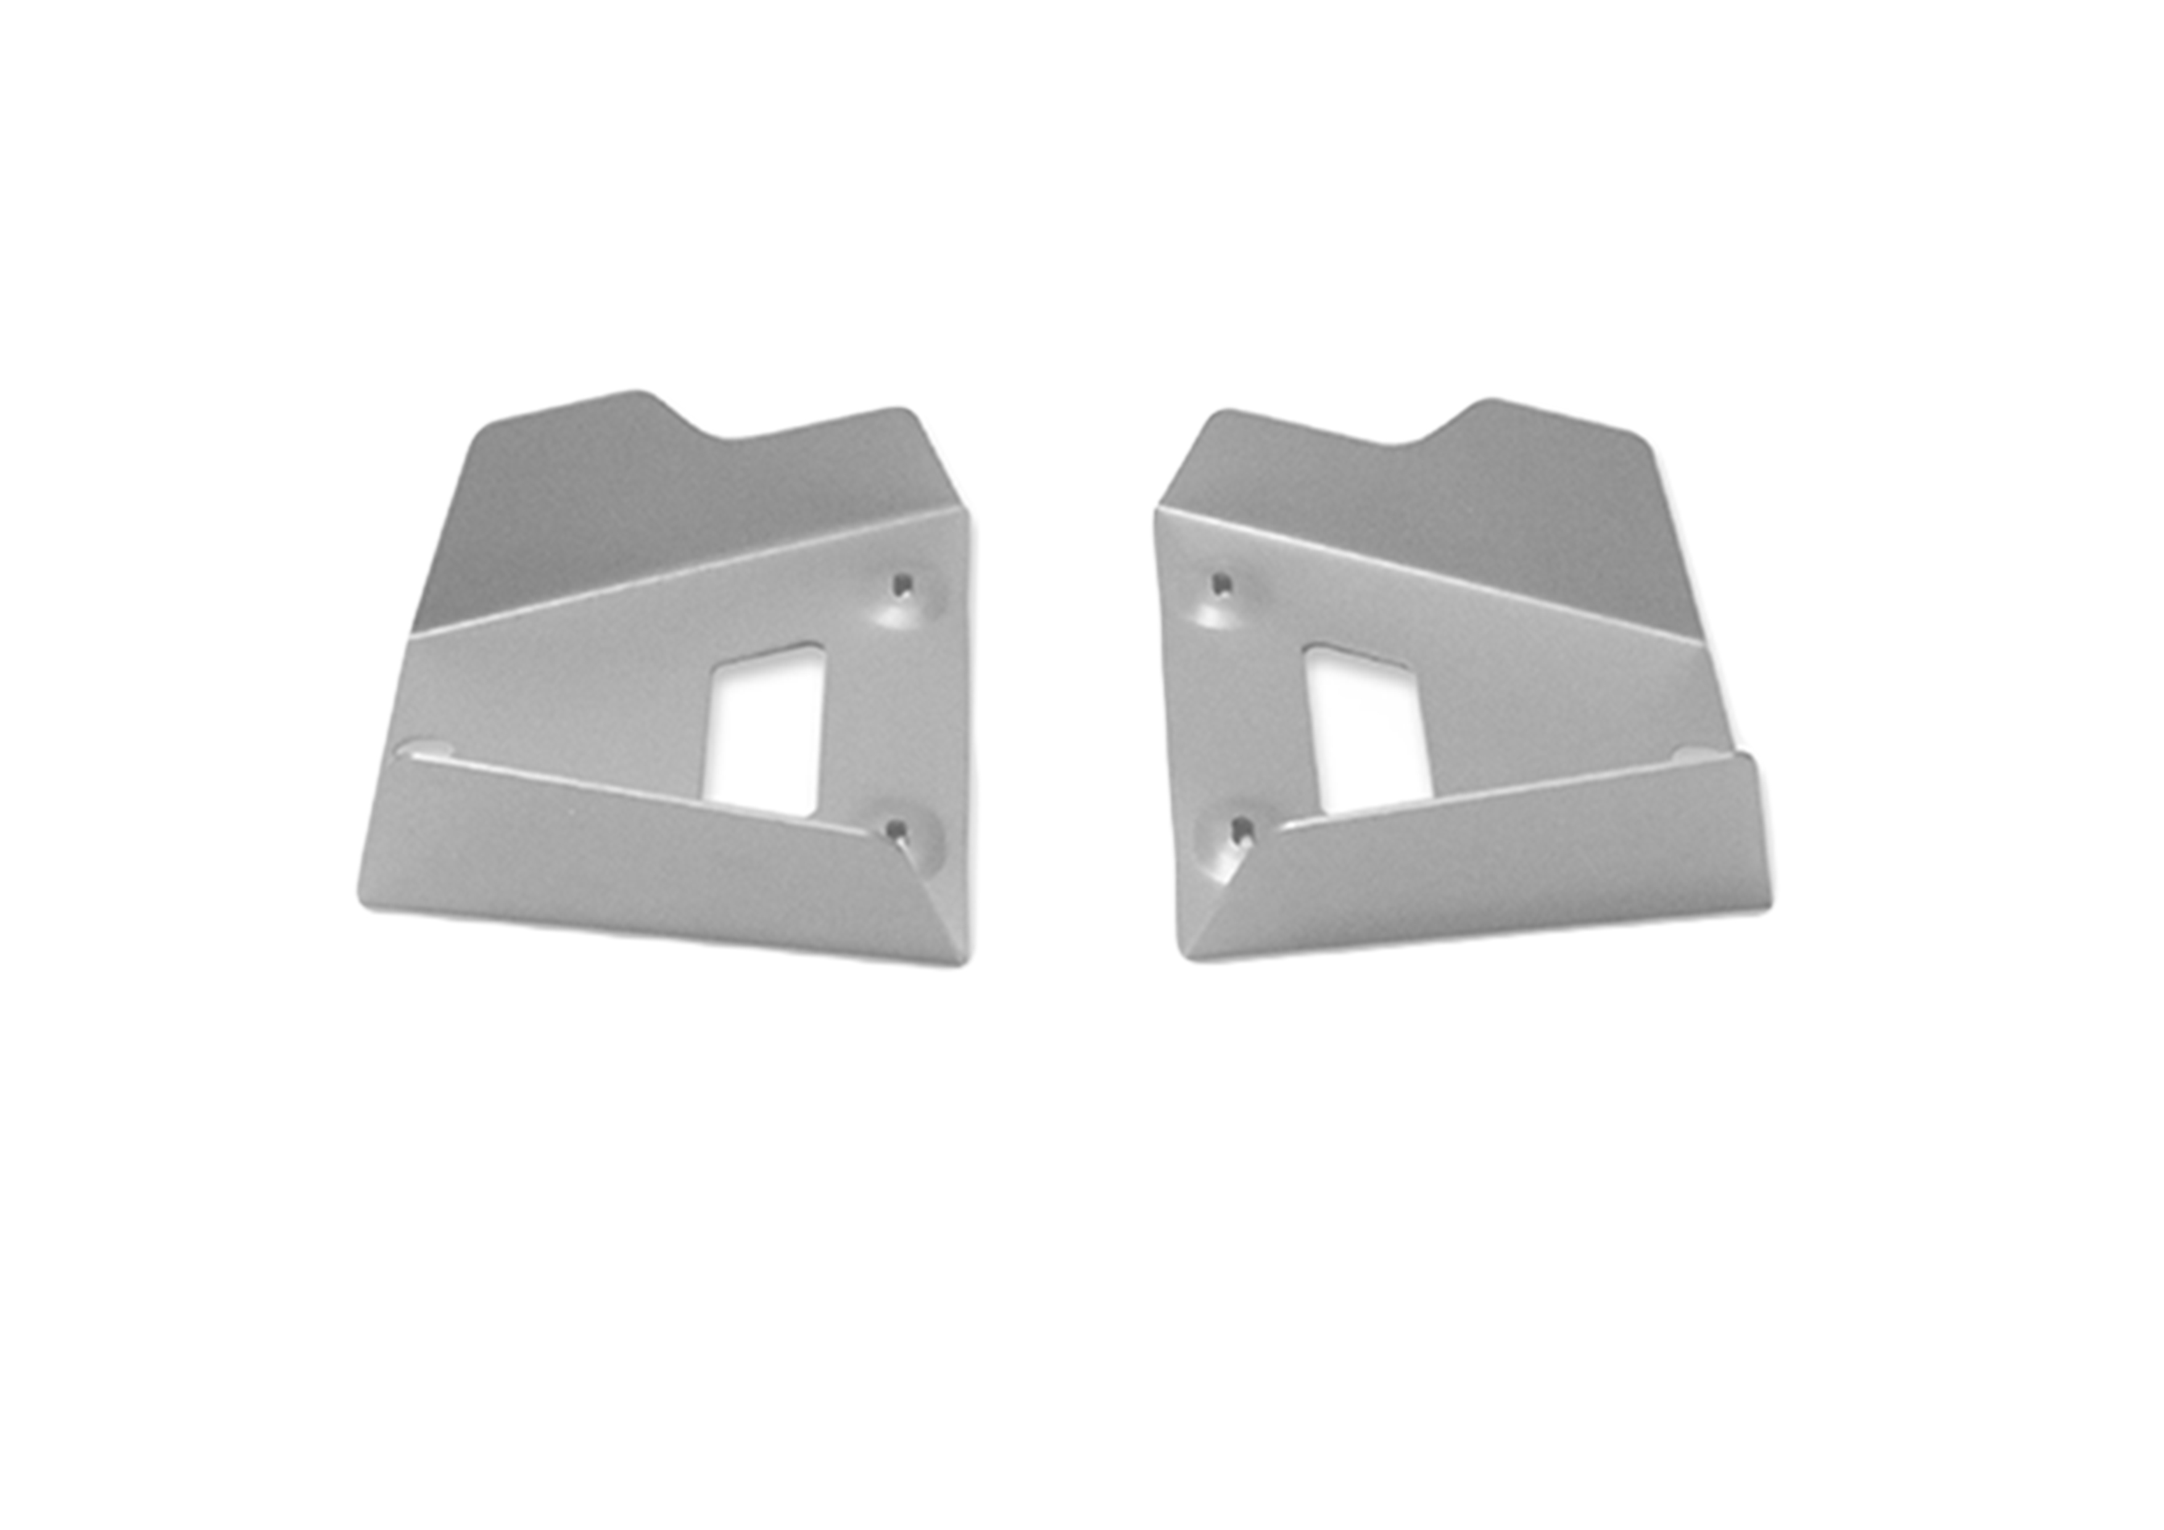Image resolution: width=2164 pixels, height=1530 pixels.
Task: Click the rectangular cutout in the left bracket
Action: [x=766, y=730]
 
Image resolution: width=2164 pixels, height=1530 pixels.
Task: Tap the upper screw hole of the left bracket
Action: [x=903, y=585]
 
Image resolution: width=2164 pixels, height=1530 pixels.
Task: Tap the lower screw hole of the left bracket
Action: [x=896, y=829]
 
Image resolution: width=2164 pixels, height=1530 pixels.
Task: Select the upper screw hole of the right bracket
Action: [x=1223, y=584]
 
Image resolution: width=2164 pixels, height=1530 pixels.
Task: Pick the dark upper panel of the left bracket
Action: [x=660, y=509]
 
